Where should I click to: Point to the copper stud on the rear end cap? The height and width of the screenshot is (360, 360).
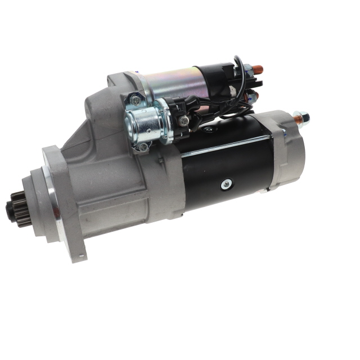pos(298,119)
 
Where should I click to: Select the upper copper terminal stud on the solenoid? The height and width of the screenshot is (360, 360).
pos(257,70)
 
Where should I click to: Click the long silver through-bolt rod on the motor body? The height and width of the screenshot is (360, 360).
pos(225,145)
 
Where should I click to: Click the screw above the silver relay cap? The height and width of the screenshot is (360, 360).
pos(136,101)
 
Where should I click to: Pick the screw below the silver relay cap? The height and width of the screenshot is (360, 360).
pos(143,147)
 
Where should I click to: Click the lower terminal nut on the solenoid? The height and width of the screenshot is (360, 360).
pos(253,97)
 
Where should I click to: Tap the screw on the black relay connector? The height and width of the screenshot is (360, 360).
pos(184,120)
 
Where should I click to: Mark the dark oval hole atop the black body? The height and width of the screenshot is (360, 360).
pos(209,129)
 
